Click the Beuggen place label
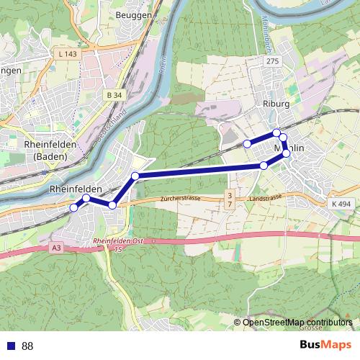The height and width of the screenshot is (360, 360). tap(133, 14)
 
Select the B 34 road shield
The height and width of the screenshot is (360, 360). tap(113, 95)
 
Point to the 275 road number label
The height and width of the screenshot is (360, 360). tap(271, 62)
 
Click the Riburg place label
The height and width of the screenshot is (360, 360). tap(276, 104)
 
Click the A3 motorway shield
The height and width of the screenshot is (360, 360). tap(57, 248)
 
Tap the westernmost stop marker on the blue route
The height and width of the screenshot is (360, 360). tap(73, 208)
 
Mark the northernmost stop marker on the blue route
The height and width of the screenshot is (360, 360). tap(276, 132)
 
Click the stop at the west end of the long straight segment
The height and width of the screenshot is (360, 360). tap(135, 176)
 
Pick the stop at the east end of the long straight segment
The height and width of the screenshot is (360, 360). tap(264, 166)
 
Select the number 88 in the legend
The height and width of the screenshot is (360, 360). tap(27, 346)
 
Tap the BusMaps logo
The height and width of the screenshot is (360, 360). tap(325, 345)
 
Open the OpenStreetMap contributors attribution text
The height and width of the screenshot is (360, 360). tap(297, 323)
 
